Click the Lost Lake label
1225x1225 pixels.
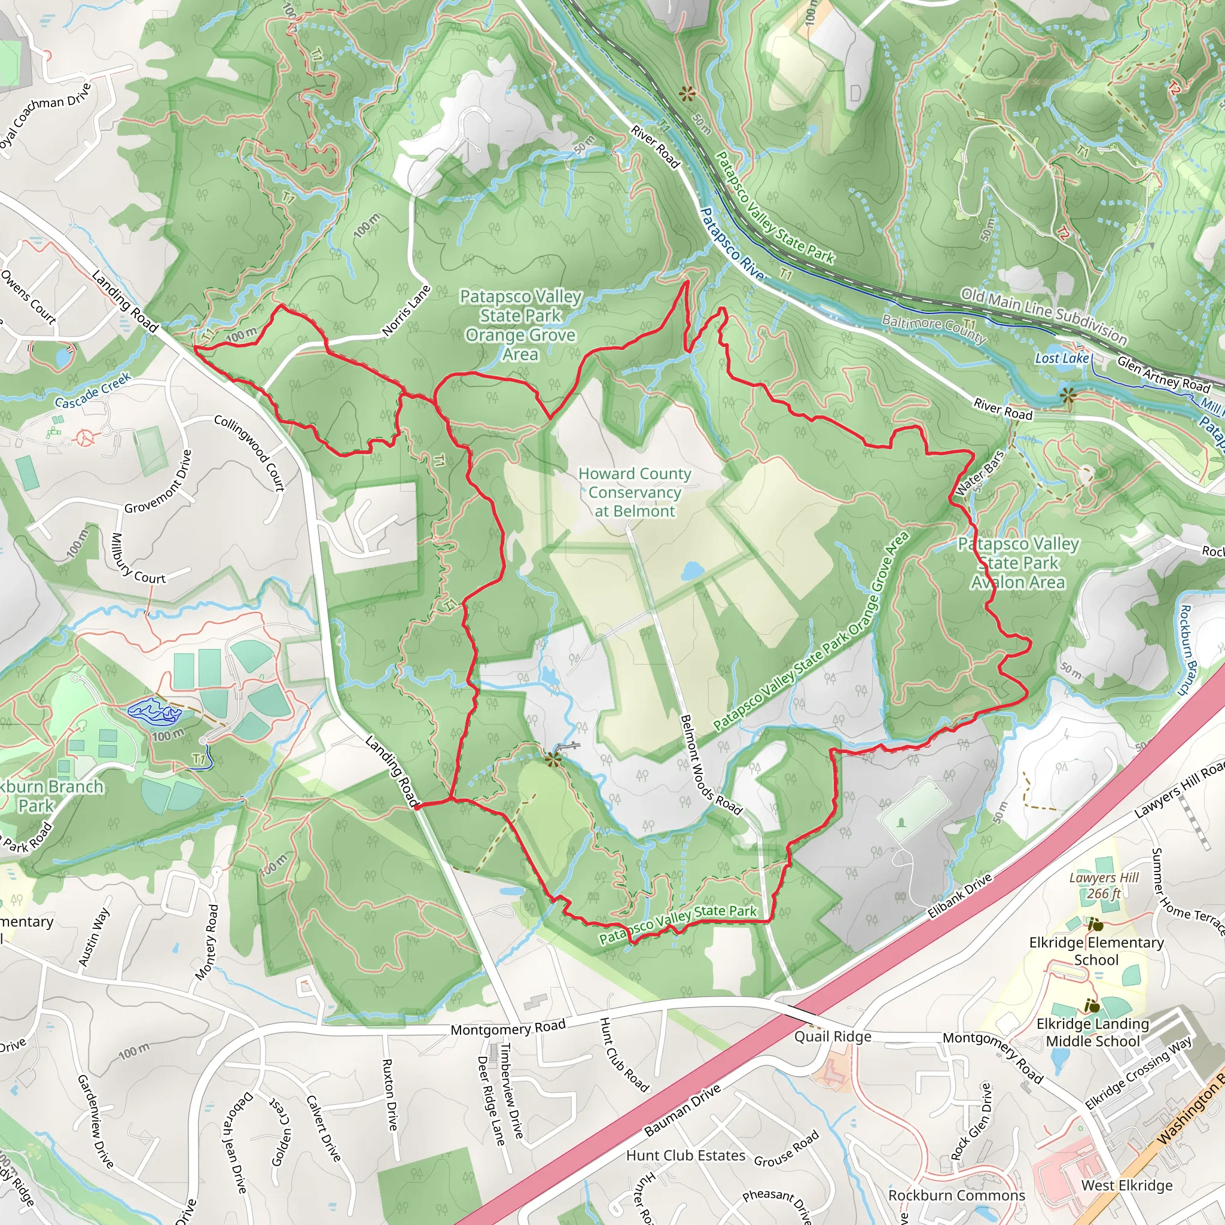[1062, 358]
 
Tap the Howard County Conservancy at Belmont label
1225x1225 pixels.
[635, 492]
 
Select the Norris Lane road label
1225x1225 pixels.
[406, 310]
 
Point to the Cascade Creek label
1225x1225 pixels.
[93, 391]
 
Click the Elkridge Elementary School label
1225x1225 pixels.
[1096, 951]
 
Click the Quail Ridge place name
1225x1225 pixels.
[833, 1036]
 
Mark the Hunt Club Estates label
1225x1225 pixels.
[685, 1155]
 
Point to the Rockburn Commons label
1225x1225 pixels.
[956, 1195]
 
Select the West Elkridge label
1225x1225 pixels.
[1127, 1185]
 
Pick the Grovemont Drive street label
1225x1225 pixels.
[159, 482]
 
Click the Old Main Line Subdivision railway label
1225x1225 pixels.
[1044, 316]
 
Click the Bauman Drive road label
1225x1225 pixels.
[682, 1110]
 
